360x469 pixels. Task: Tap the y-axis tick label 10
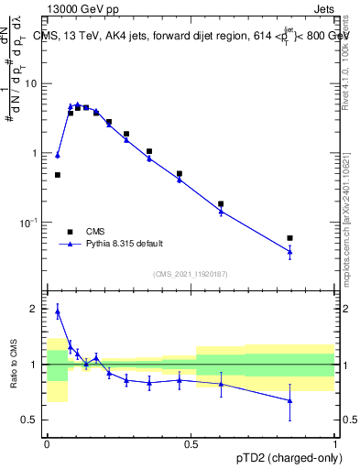(x=33, y=83)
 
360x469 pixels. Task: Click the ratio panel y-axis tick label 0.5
(x=32, y=420)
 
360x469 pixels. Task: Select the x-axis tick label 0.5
(x=191, y=444)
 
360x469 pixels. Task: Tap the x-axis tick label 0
(x=47, y=444)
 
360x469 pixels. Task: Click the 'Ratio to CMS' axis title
(x=13, y=365)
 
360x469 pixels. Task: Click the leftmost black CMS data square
(x=58, y=174)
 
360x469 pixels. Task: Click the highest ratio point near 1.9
(x=58, y=311)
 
